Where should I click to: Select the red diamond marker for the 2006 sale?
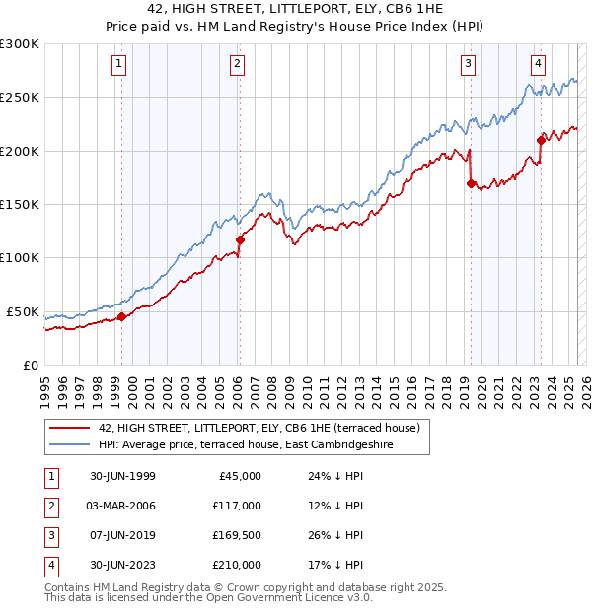click(x=239, y=239)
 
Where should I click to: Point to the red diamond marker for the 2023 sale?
click(x=541, y=140)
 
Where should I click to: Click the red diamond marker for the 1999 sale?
click(x=121, y=316)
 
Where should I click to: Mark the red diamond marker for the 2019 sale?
click(x=470, y=183)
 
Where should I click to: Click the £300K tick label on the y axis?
click(x=20, y=44)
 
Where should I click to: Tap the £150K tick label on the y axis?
click(x=20, y=205)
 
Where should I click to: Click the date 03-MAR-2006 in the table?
click(x=122, y=506)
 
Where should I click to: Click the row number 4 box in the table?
click(x=50, y=565)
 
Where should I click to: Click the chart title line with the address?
click(x=295, y=11)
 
